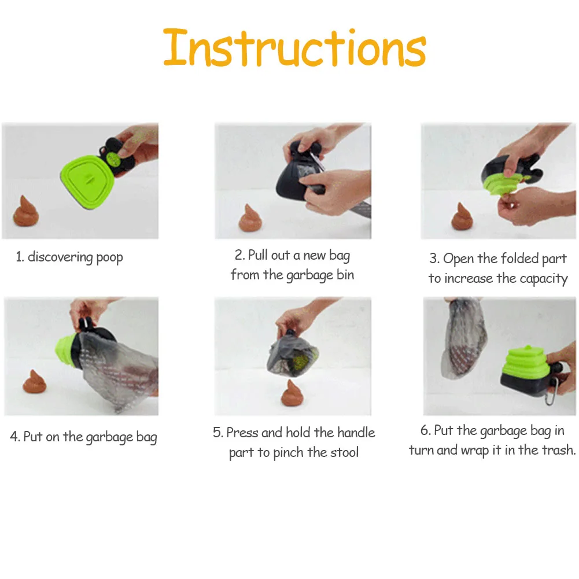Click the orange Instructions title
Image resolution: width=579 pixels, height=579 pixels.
[294, 48]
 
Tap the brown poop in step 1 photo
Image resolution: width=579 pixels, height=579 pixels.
[26, 211]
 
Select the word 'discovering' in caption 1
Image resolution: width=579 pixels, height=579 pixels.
[60, 257]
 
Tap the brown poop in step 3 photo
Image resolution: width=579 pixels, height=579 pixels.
[462, 216]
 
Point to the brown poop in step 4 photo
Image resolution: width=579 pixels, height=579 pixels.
[34, 382]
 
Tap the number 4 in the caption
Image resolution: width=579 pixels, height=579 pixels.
[14, 437]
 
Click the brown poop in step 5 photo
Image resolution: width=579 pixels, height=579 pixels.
[292, 393]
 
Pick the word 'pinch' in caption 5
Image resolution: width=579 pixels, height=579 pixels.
[289, 453]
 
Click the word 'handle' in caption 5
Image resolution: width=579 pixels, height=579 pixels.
[356, 433]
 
